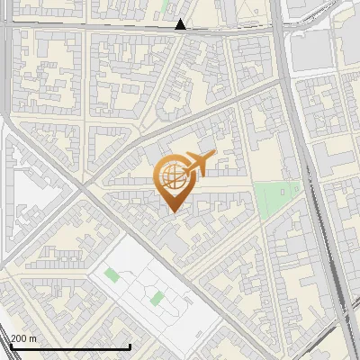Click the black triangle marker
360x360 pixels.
point(181,24)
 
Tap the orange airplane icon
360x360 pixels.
point(198,165)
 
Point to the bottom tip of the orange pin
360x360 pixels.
point(172,212)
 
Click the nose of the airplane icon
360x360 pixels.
point(212,156)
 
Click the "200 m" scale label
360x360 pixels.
point(23,338)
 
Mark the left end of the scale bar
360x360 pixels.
point(11,346)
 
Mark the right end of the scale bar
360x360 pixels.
point(130,346)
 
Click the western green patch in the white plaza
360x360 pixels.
point(111,274)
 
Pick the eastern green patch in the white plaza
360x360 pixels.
point(157,297)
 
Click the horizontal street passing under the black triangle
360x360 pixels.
point(135,28)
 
